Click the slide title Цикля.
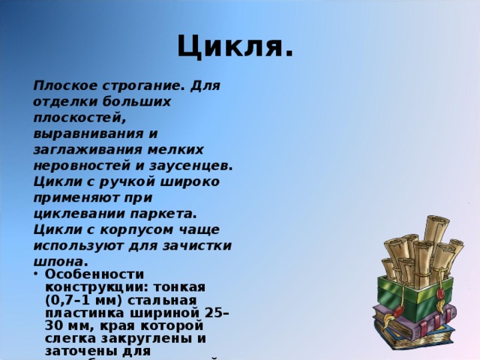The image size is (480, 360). coord(235,47)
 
